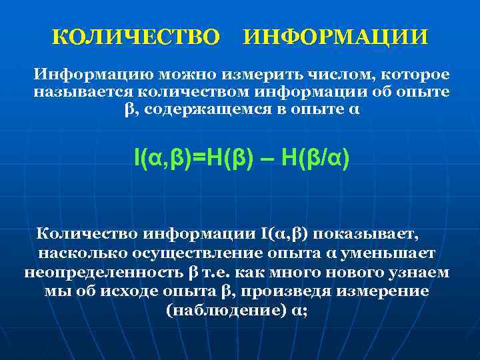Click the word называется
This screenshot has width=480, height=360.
80,91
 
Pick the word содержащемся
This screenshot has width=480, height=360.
199,109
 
